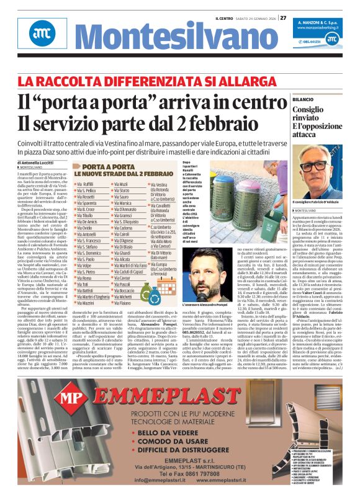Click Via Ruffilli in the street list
pyautogui.click(x=84, y=184)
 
